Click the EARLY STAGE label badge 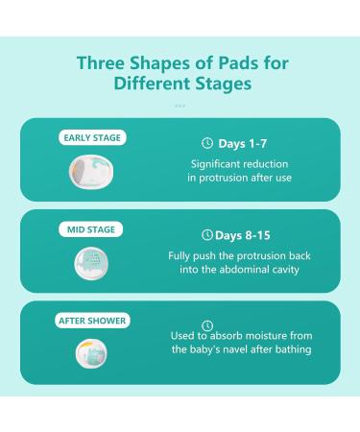92,137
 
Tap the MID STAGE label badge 91,229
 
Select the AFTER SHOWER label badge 92,321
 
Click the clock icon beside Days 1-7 207,143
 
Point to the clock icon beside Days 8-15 207,235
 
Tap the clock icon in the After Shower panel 207,325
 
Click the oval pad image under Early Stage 91,172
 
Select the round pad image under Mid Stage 91,263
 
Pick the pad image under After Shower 91,353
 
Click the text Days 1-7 242,144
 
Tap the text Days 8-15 243,235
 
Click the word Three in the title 101,62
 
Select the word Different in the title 152,84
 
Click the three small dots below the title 180,106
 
